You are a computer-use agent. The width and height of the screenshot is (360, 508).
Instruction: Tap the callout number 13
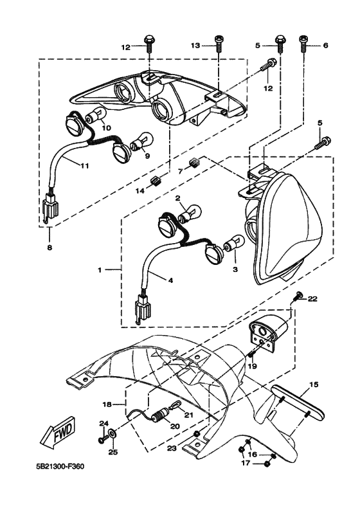coord(197,45)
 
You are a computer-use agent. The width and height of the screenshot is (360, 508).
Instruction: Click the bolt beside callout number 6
coord(302,44)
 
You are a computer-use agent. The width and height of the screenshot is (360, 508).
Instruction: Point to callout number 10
coord(106,128)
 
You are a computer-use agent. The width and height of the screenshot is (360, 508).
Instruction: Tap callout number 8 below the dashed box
coord(50,246)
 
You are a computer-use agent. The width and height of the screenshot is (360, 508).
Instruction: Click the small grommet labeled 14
coord(156,181)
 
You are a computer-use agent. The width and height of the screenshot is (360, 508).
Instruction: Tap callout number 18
coord(108,404)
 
